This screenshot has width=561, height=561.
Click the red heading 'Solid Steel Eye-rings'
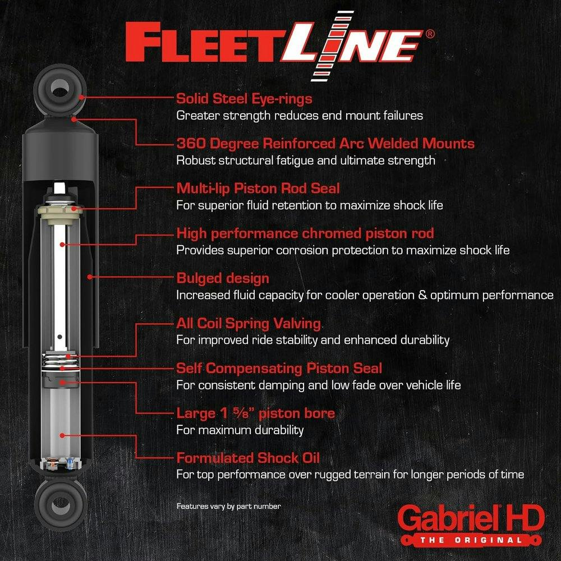(x=244, y=99)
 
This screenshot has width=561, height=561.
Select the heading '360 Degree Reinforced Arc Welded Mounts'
(x=325, y=144)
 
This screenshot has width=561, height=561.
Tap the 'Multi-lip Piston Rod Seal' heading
(x=257, y=188)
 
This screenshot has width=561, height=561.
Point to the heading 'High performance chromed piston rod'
(x=305, y=233)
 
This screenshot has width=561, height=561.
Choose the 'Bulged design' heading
(x=223, y=278)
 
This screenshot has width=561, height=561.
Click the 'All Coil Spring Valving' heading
(x=249, y=324)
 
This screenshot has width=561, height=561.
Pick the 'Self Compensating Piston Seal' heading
(x=279, y=369)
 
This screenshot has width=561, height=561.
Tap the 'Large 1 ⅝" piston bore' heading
(x=255, y=413)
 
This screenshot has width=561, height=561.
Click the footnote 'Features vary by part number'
(x=228, y=506)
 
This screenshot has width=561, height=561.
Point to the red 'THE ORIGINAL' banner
(x=471, y=540)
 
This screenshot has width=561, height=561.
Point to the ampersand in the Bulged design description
(x=424, y=295)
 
